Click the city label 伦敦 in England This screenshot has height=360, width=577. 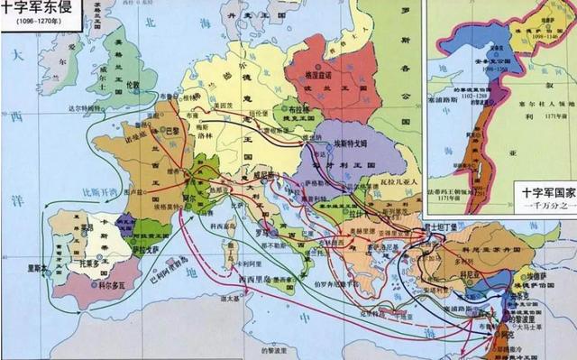133,82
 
